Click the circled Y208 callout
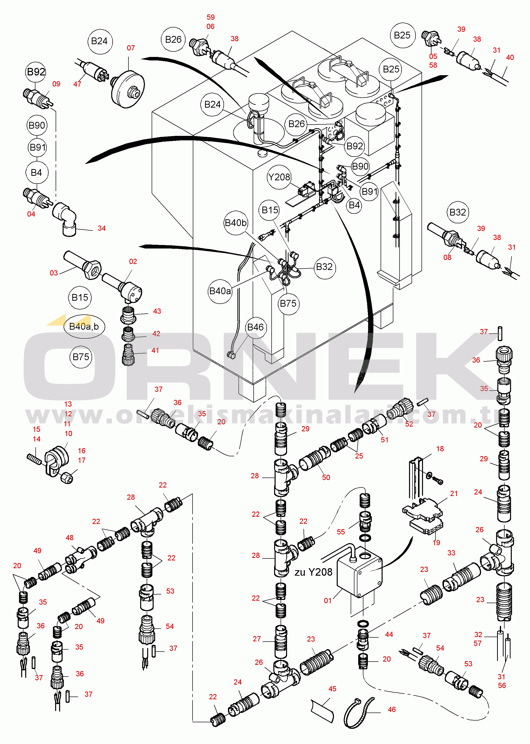279,177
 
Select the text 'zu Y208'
313,572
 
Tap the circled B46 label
255,327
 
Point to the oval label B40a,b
84,326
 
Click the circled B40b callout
236,223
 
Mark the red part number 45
332,689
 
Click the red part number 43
157,311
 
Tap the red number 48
70,537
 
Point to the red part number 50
326,477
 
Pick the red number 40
510,57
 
